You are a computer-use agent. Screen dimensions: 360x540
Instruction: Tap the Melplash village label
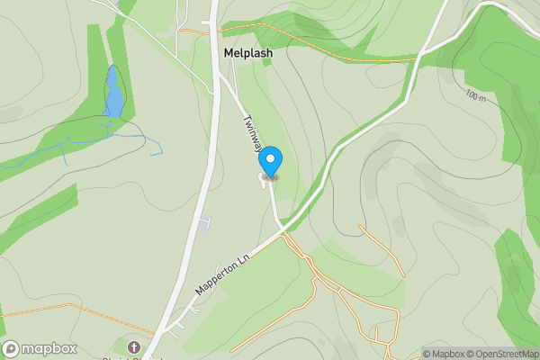point(247,53)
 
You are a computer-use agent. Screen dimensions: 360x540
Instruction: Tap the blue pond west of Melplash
point(113,94)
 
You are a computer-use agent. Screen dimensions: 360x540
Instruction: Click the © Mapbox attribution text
point(443,354)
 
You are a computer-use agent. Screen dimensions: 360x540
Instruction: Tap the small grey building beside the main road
point(206,221)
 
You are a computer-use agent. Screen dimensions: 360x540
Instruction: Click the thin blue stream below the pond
point(126,136)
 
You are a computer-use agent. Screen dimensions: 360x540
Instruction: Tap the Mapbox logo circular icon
point(12,349)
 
